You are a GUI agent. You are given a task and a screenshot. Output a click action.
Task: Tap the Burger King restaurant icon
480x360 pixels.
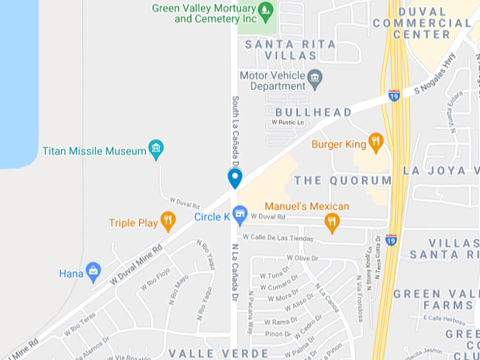(x=376, y=141)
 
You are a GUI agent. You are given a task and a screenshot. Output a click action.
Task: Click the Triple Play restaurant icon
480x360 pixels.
(x=167, y=221)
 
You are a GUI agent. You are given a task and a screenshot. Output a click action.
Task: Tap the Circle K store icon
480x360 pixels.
(x=240, y=213)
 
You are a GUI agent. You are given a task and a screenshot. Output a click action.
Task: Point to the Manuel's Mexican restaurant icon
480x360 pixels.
(x=333, y=222)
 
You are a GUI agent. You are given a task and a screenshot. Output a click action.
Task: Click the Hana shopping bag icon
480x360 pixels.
(x=94, y=272)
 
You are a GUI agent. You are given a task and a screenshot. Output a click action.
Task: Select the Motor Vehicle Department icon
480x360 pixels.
(x=315, y=78)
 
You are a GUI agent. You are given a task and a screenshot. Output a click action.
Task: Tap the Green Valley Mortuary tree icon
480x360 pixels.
(x=266, y=10)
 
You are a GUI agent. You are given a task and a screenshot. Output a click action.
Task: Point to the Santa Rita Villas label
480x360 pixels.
(x=292, y=50)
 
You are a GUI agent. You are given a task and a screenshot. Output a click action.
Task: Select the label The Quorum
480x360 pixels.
(x=343, y=180)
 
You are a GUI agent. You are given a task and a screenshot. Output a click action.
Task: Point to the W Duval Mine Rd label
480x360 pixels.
(x=136, y=264)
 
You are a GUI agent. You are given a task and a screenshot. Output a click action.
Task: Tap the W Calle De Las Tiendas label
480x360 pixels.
(x=278, y=238)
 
